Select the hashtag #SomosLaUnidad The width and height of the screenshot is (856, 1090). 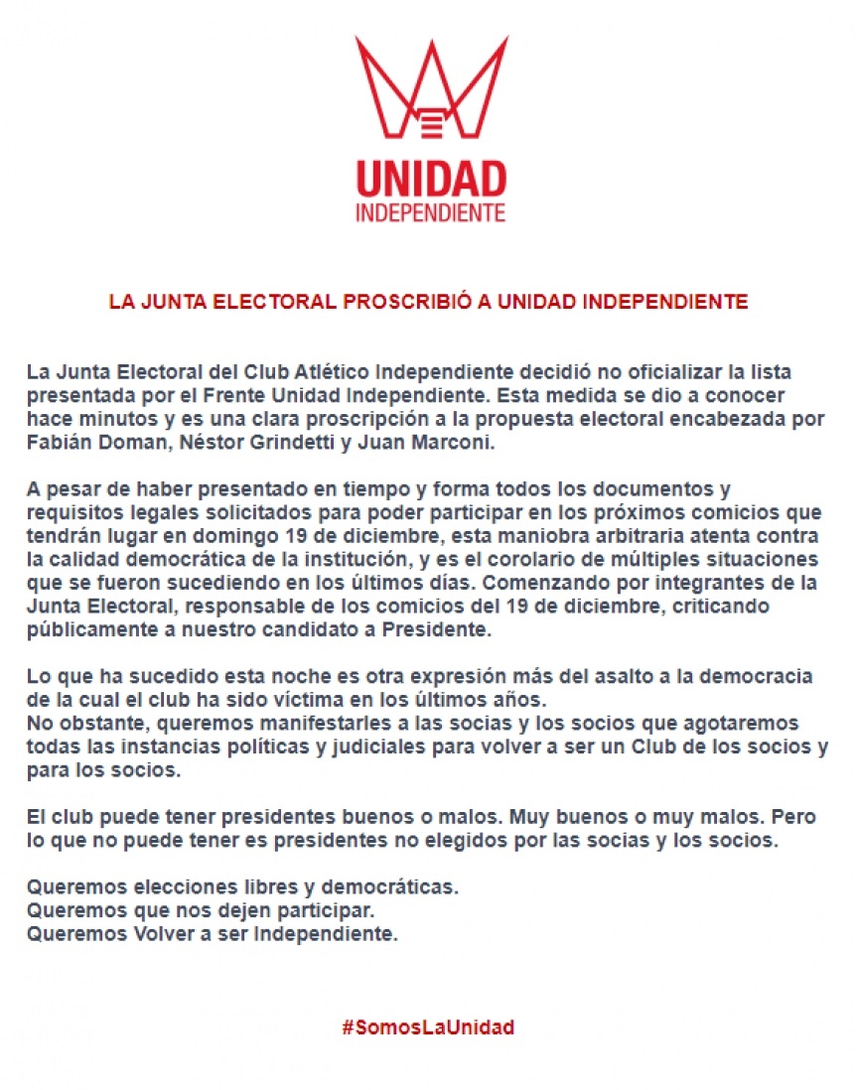click(428, 1027)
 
